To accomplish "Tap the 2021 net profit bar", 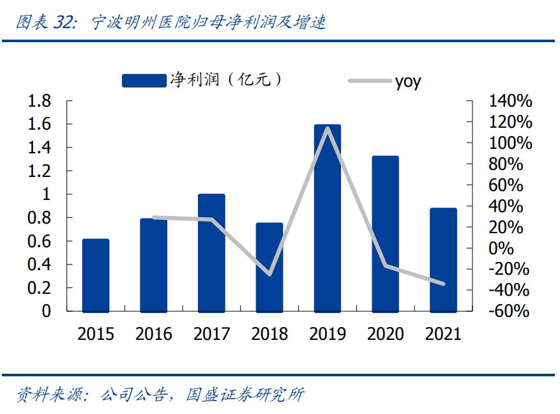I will [443, 259].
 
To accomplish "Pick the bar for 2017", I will [211, 252].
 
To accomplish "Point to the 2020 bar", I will [385, 233].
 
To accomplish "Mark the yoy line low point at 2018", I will [269, 275].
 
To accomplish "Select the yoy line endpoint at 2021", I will [443, 284].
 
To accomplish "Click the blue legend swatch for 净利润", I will [144, 80].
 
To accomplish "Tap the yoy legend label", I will [407, 81].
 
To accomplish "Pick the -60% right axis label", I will [509, 311].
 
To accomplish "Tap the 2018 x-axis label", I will [269, 333].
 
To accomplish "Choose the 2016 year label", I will [154, 333].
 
